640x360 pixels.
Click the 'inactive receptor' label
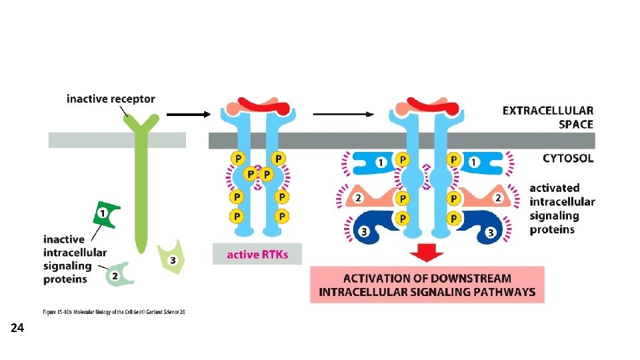(111, 99)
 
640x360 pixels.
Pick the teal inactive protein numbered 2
(116, 275)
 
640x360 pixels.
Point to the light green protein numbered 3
(171, 259)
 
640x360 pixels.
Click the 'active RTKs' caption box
(257, 255)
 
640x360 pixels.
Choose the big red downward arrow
(426, 253)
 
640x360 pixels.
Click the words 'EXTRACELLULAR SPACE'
(547, 117)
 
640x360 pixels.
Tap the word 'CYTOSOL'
(567, 159)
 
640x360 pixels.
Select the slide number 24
(17, 328)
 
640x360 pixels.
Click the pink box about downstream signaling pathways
(427, 285)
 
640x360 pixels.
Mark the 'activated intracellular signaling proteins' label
(562, 209)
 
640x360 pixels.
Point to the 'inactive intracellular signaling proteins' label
(75, 259)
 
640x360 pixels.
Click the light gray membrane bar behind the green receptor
(87, 140)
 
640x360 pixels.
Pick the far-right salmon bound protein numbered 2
(490, 198)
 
